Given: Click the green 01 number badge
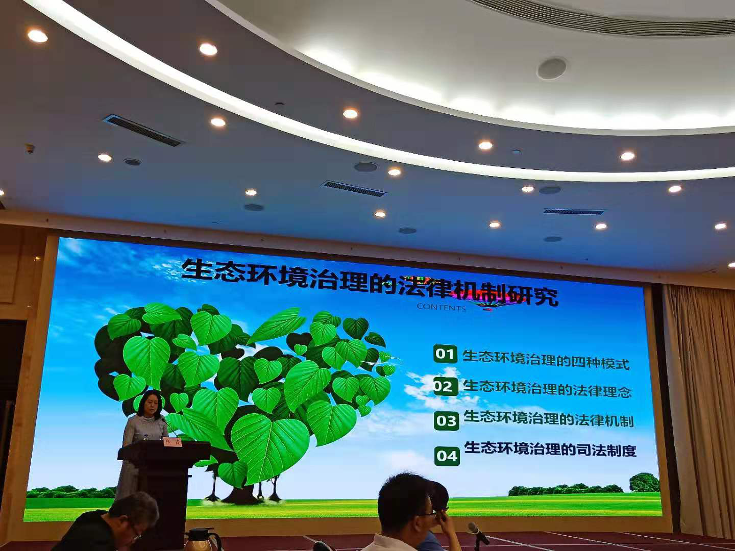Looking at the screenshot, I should (445, 354).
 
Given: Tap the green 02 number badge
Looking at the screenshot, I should (444, 386).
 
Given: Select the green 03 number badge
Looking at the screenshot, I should (447, 421).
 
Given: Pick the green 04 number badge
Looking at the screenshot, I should (447, 456).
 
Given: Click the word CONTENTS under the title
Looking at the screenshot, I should (441, 307).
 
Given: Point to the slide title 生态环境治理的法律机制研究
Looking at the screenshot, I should (370, 284).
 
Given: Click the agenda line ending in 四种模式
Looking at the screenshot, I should (546, 359).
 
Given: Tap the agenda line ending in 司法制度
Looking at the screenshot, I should (550, 450).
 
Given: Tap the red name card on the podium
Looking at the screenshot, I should (172, 442).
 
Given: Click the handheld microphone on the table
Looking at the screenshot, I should (478, 533).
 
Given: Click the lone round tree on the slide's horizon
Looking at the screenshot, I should (644, 482).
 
